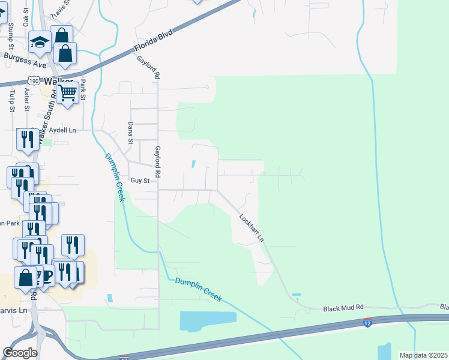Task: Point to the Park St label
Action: pyautogui.click(x=83, y=89)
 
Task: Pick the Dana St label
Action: pyautogui.click(x=130, y=133)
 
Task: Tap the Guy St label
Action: pyautogui.click(x=139, y=180)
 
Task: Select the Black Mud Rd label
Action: pyautogui.click(x=343, y=308)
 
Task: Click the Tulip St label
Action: pyautogui.click(x=12, y=101)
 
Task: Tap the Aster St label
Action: pyautogui.click(x=27, y=100)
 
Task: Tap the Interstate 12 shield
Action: pyautogui.click(x=367, y=323)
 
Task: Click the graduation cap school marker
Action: pyautogui.click(x=40, y=43)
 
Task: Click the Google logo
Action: pyautogui.click(x=20, y=353)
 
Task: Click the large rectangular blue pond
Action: pyautogui.click(x=208, y=322)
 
